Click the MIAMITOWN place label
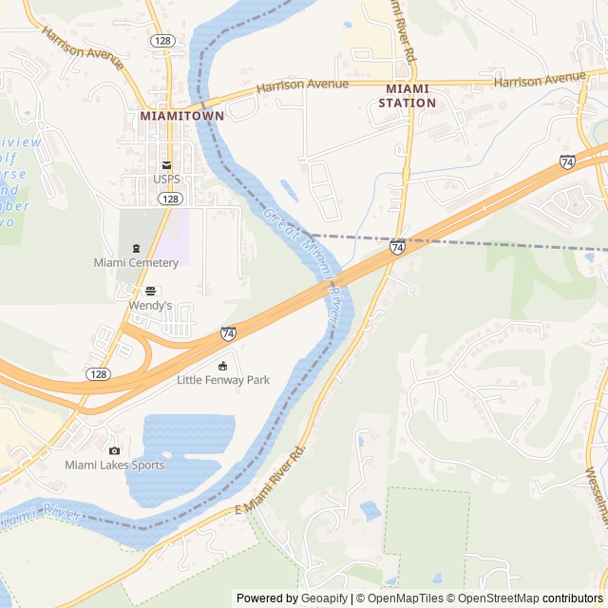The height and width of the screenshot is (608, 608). pyautogui.click(x=181, y=115)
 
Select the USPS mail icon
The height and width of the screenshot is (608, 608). pyautogui.click(x=166, y=164)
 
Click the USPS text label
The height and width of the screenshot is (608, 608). pyautogui.click(x=166, y=179)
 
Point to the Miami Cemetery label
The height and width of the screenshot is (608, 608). pyautogui.click(x=136, y=262)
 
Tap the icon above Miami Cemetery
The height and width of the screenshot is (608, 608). pyautogui.click(x=136, y=248)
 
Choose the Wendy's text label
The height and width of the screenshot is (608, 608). pyautogui.click(x=150, y=306)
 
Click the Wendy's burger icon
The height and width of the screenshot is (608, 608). pyautogui.click(x=150, y=291)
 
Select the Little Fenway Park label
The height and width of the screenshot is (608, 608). pyautogui.click(x=223, y=380)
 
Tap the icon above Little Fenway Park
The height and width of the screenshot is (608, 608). pyautogui.click(x=223, y=366)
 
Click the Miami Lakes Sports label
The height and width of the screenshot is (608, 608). pyautogui.click(x=114, y=465)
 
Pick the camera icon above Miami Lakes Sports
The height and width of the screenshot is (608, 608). pyautogui.click(x=114, y=450)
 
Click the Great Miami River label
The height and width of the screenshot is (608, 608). pyautogui.click(x=303, y=267)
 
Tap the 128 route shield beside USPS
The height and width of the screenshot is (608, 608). pyautogui.click(x=170, y=199)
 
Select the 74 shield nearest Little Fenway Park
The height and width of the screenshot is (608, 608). pyautogui.click(x=229, y=333)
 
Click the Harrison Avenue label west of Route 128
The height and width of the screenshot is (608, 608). pyautogui.click(x=82, y=47)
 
